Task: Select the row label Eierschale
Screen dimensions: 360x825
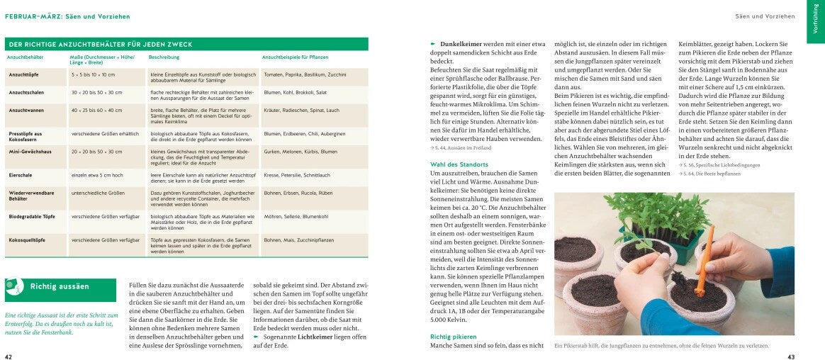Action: point(20,174)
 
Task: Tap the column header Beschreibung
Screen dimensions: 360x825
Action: point(164,57)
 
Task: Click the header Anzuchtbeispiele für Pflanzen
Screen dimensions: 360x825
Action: point(295,57)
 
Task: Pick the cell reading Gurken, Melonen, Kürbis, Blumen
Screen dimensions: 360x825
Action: point(301,151)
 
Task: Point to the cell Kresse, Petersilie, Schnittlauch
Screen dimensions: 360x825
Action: point(297,174)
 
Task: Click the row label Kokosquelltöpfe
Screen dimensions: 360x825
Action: point(27,240)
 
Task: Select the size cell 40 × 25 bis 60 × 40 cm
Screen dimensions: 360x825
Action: point(96,110)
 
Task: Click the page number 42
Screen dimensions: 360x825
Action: point(9,356)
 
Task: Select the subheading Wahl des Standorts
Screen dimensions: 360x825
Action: point(459,164)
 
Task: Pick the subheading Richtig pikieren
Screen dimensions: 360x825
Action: point(454,337)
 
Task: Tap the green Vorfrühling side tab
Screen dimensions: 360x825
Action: point(815,21)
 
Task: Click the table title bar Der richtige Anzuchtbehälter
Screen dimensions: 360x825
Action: point(99,44)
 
